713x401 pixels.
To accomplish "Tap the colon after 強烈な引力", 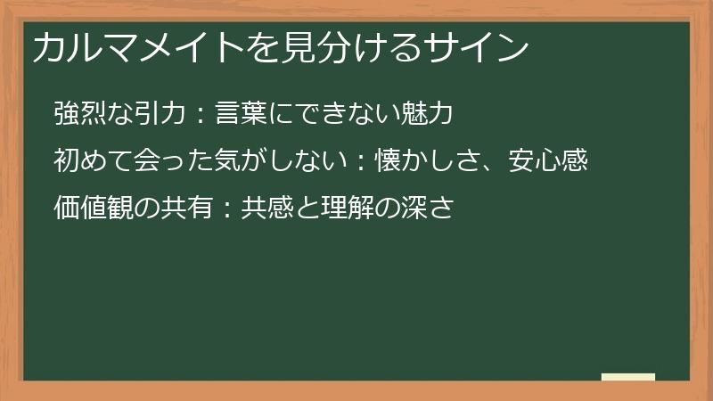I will tap(201, 115).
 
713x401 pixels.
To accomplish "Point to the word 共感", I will tap(265, 209).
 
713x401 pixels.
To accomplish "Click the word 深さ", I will tap(430, 209).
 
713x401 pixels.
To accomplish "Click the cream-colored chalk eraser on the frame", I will tap(628, 377).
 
